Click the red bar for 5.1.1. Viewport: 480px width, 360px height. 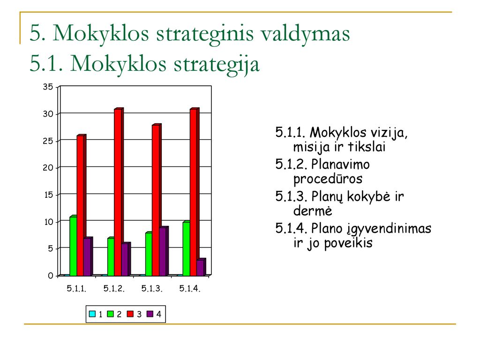(x=82, y=205)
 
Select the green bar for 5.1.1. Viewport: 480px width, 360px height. (x=73, y=246)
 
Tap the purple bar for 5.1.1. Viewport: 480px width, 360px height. (x=88, y=256)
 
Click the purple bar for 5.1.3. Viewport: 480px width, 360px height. (x=164, y=251)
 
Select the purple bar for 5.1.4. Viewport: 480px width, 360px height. (x=202, y=267)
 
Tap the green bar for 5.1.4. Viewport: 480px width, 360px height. (x=187, y=248)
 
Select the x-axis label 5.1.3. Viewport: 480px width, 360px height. (x=152, y=288)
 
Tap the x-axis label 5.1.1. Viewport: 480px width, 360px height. (x=76, y=288)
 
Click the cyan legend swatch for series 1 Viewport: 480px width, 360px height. (x=92, y=314)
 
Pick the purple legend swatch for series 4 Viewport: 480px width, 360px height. (x=150, y=314)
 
